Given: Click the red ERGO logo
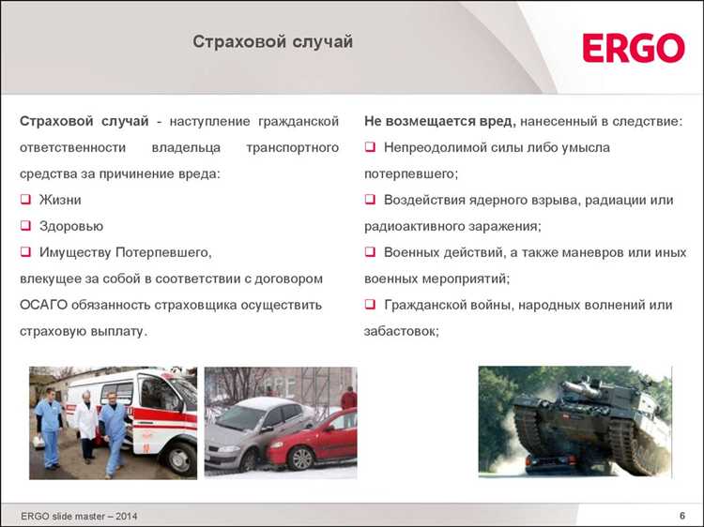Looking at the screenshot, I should [x=633, y=48].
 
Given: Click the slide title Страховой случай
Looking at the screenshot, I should [x=273, y=42].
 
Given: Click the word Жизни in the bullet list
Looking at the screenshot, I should [x=60, y=200].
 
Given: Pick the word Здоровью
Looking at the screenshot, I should [x=71, y=226].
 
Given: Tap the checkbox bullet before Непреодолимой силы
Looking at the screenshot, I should [x=370, y=148].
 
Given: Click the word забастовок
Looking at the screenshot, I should [x=399, y=331].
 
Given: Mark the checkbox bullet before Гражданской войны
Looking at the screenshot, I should [x=370, y=306].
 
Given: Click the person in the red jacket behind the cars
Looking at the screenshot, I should [x=348, y=399].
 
